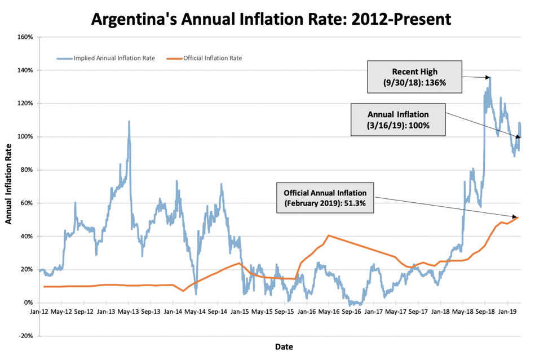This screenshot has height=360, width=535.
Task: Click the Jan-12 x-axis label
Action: click(x=39, y=311)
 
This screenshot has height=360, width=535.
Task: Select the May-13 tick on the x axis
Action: click(x=129, y=311)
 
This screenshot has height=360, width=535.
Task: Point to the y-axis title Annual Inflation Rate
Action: click(x=9, y=183)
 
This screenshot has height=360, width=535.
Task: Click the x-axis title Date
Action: click(x=284, y=346)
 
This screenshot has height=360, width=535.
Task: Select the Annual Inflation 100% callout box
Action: click(x=398, y=119)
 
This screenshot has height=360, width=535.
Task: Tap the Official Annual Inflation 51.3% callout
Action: click(x=325, y=198)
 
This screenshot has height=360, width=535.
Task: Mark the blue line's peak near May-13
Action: click(x=129, y=121)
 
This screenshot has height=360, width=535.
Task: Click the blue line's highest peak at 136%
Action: click(x=490, y=77)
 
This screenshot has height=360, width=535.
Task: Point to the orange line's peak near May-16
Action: click(x=329, y=235)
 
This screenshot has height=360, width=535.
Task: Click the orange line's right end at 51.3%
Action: click(x=518, y=217)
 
